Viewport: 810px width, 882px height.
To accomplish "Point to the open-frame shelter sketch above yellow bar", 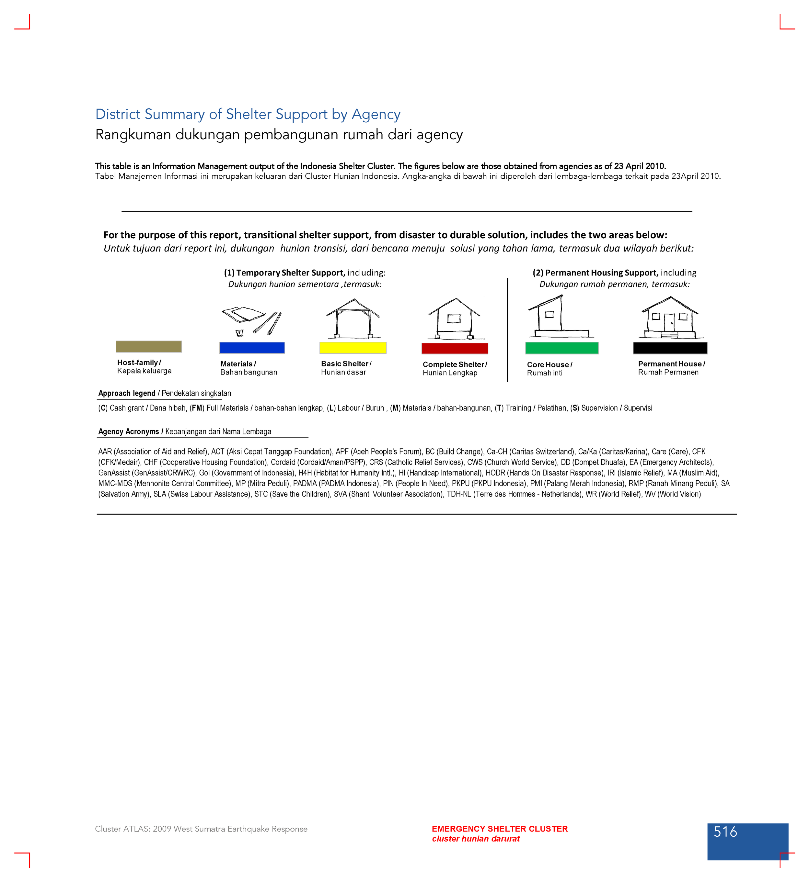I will tap(353, 319).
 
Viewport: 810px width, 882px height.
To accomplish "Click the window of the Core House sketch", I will tap(549, 314).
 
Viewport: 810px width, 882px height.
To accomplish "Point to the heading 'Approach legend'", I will tap(127, 393).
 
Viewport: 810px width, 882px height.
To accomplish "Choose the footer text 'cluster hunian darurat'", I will tap(476, 839).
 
